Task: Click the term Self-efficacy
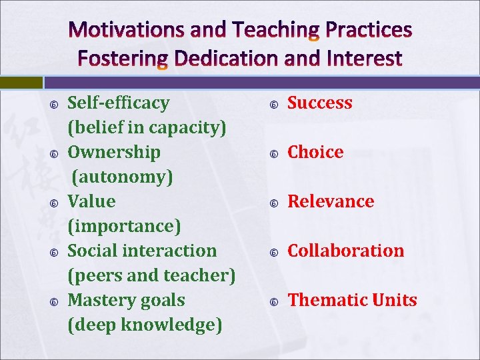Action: [x=119, y=103]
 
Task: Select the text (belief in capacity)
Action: [x=147, y=127]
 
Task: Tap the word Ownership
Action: [x=114, y=152]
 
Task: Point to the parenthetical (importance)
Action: [x=124, y=226]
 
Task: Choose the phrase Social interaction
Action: [x=142, y=251]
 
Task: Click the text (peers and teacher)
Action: [x=152, y=275]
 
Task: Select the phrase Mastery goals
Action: [x=127, y=300]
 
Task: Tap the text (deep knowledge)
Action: [x=145, y=325]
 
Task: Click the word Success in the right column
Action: [x=319, y=103]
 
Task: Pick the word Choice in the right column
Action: [x=315, y=152]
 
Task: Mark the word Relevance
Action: [x=331, y=201]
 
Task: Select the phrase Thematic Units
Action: [x=352, y=300]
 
